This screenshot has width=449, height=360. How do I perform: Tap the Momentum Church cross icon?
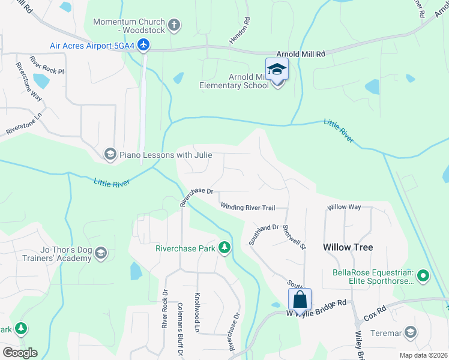pyautogui.click(x=174, y=25)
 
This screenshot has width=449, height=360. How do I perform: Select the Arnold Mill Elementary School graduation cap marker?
pyautogui.click(x=277, y=70)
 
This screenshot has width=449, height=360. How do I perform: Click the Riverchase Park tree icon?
pyautogui.click(x=224, y=247)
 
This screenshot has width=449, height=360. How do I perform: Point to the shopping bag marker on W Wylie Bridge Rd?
pyautogui.click(x=300, y=299)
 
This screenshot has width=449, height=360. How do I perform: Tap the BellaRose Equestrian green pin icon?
pyautogui.click(x=424, y=277)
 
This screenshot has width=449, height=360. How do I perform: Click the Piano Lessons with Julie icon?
pyautogui.click(x=110, y=155)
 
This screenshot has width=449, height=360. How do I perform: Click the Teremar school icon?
pyautogui.click(x=411, y=332)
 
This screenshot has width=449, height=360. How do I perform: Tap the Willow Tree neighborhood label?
pyautogui.click(x=348, y=247)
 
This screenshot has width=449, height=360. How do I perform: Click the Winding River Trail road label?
pyautogui.click(x=247, y=208)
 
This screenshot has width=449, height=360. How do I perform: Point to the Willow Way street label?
pyautogui.click(x=344, y=207)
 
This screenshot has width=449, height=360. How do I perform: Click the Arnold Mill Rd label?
pyautogui.click(x=300, y=54)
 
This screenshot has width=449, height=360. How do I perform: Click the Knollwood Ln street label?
pyautogui.click(x=197, y=312)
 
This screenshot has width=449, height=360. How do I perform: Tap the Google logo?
pyautogui.click(x=20, y=352)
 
